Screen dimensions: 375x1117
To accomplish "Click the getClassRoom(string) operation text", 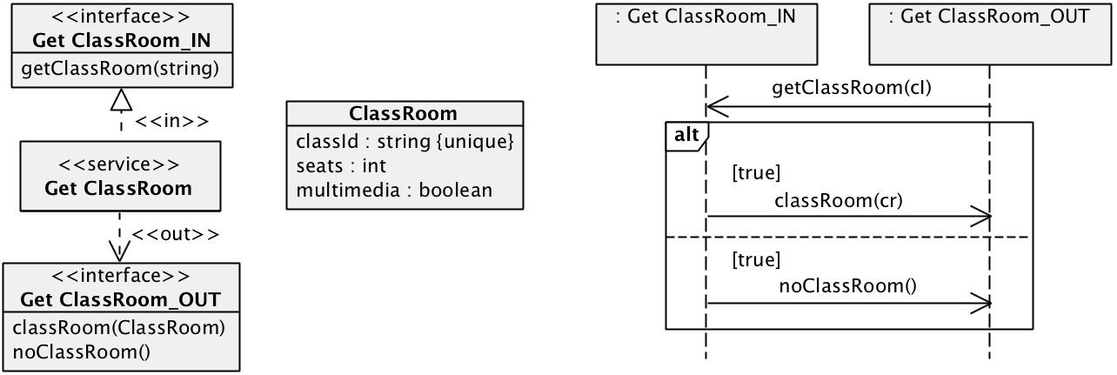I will pos(122,69).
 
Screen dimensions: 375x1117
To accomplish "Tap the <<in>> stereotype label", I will pos(171,120).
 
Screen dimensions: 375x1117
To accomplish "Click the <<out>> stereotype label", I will pos(174,235).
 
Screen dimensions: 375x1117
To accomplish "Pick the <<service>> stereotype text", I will pos(119,164).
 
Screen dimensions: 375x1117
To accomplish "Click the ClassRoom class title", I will pos(404,114).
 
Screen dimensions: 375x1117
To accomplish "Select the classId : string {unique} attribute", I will pos(405,141).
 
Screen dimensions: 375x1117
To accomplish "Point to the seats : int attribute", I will pos(341,165).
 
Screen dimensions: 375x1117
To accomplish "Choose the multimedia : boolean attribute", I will pos(394,189).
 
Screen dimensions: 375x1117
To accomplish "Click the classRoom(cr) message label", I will pos(838,200).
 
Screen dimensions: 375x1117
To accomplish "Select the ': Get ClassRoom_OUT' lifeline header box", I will pos(989,33).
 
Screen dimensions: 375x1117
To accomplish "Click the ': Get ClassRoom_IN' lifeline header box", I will pos(706,33).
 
